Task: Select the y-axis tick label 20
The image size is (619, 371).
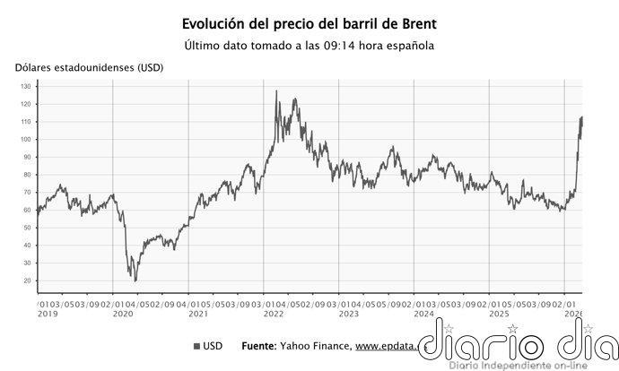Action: pos(28,281)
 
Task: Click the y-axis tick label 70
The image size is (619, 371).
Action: pos(28,193)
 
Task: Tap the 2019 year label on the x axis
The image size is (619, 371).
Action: pos(47,315)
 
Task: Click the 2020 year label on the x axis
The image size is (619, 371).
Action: pos(122,315)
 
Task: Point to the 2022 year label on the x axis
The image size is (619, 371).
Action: pos(274,315)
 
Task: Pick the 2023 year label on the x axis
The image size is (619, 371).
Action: pos(349,315)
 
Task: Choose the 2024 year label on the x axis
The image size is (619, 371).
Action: pos(424,315)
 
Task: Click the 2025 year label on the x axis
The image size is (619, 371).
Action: pos(500,315)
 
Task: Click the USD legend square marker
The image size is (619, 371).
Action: pos(196,346)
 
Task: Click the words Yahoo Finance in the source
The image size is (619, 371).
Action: pos(319,346)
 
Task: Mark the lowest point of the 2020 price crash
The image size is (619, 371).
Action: pos(135,280)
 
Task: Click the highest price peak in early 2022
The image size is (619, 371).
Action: pos(275,91)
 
